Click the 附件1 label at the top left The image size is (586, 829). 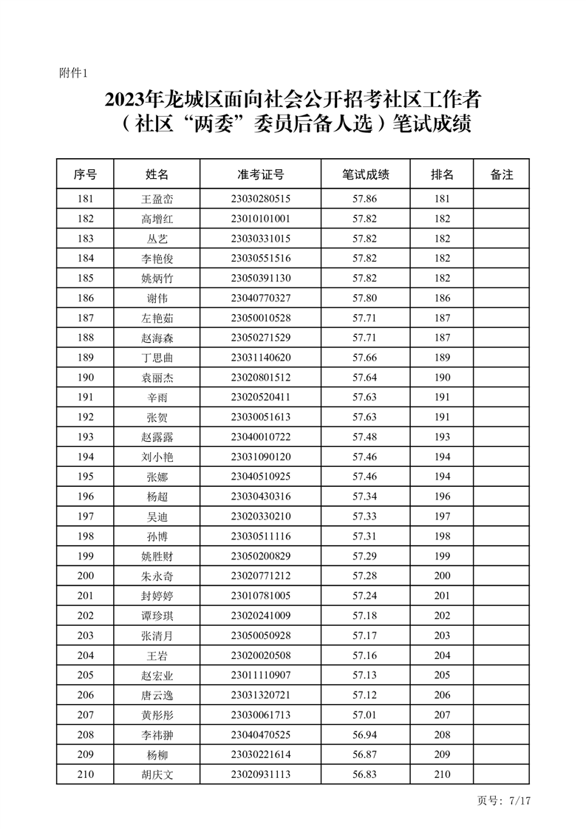[73, 72]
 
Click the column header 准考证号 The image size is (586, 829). [260, 175]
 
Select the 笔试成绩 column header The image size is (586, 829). [365, 175]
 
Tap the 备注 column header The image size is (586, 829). [501, 175]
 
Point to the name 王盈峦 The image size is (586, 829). [157, 199]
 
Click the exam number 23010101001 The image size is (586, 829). [260, 219]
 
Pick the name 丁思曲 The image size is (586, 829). [157, 358]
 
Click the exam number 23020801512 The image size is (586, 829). [260, 377]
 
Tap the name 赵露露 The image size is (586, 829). [157, 437]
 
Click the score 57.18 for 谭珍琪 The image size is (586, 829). [365, 615]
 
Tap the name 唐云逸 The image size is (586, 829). [157, 695]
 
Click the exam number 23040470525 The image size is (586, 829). [260, 734]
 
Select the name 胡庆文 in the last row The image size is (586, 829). [157, 774]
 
